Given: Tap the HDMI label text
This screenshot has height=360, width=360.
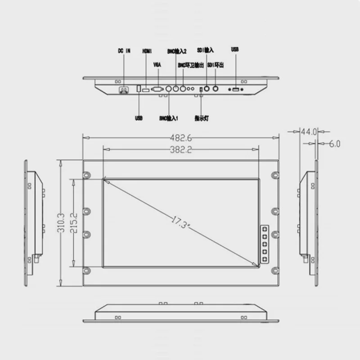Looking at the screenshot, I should (x=147, y=51).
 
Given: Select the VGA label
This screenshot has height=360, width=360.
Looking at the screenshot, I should (x=157, y=65).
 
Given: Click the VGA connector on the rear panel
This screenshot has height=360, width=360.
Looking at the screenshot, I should (x=157, y=89).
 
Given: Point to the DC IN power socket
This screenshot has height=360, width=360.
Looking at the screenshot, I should (x=123, y=90).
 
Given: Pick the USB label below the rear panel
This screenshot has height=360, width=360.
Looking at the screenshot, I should (x=139, y=118).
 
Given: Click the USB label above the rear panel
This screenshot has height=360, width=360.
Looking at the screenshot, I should (x=235, y=49).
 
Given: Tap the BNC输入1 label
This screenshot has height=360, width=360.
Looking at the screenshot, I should (x=169, y=118).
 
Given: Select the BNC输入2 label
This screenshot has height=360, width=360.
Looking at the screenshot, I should (x=177, y=51).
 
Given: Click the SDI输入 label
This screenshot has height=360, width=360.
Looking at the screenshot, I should (x=206, y=51).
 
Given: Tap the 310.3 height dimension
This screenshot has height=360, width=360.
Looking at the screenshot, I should (x=61, y=223).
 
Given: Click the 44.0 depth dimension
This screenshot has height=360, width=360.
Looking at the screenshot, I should (x=309, y=132).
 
